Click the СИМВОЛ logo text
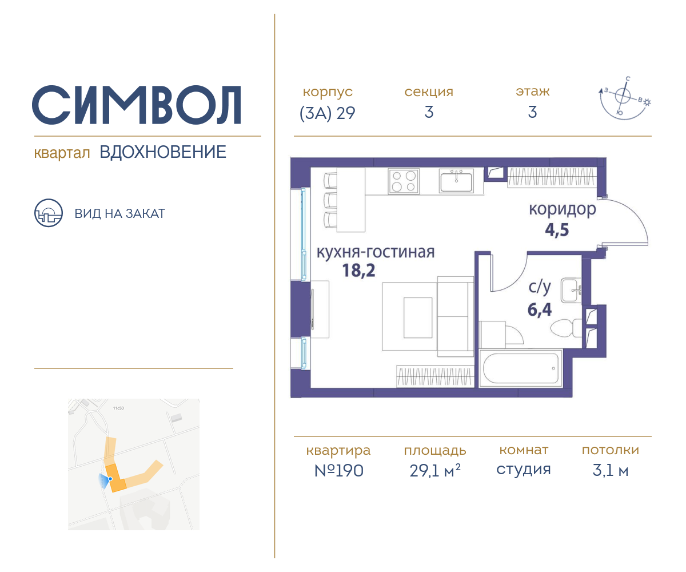tap(137, 105)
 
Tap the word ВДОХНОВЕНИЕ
tap(163, 152)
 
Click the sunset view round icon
tap(48, 213)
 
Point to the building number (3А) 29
tap(327, 113)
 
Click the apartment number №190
tap(339, 470)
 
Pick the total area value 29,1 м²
tap(435, 470)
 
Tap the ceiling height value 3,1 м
tap(610, 470)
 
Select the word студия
tap(524, 470)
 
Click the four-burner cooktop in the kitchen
tap(404, 181)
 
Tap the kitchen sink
tap(456, 181)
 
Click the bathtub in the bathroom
tap(520, 368)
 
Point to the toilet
tap(566, 327)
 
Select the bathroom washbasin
tap(571, 290)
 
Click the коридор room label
tap(562, 209)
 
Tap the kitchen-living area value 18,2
tap(358, 271)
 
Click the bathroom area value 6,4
tap(540, 309)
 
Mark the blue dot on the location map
tap(110, 479)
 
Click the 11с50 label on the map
tap(118, 408)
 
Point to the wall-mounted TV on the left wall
tap(313, 309)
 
